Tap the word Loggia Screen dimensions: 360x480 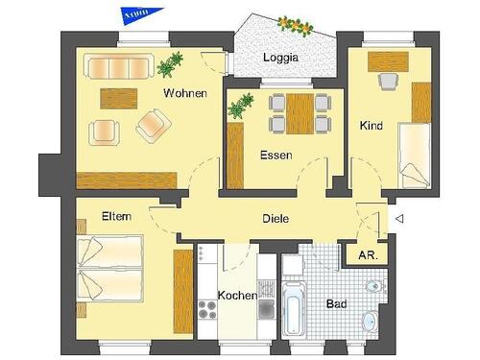point(281,58)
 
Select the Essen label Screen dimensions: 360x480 point(276,154)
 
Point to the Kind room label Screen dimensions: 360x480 point(372,126)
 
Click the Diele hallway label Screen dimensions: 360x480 point(276,219)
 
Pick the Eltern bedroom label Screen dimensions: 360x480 point(116,217)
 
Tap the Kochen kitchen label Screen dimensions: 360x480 point(236,295)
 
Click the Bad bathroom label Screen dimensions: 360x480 point(336,303)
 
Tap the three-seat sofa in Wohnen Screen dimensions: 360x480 point(120,68)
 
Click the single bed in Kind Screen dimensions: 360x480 point(414,154)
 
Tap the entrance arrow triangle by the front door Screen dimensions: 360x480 point(399,220)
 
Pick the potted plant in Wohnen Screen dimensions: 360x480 point(171,65)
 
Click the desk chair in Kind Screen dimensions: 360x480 point(389,83)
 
